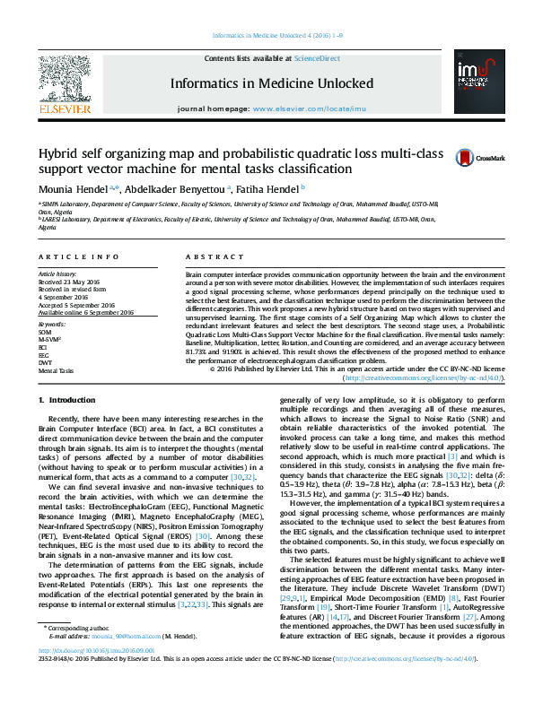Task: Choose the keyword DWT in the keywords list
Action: point(45,362)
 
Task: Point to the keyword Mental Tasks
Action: point(56,369)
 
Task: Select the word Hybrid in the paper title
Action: point(56,152)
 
